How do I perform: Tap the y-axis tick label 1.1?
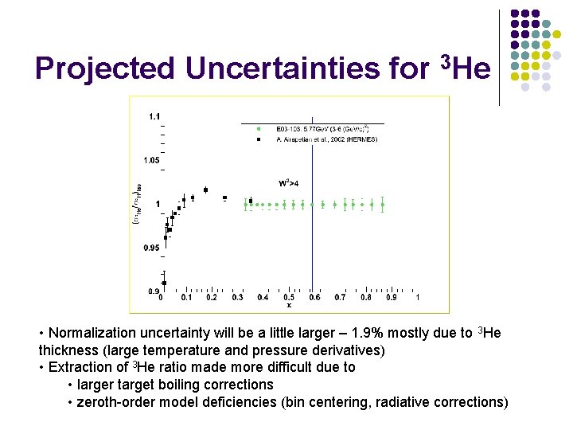click(154, 116)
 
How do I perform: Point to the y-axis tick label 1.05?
click(151, 160)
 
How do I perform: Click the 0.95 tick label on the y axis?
click(151, 248)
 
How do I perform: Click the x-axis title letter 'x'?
click(289, 305)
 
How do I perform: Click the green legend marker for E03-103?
click(259, 128)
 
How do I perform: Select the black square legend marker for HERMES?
click(259, 139)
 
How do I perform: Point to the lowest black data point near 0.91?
click(164, 283)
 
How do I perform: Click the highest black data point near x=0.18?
click(206, 190)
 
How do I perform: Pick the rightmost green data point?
click(383, 205)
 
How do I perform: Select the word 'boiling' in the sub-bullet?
click(201, 385)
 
